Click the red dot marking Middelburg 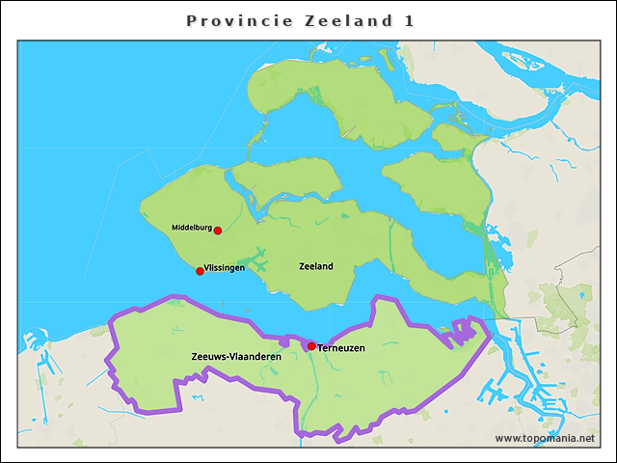[218, 231]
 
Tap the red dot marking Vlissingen [200, 271]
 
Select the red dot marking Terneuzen [311, 345]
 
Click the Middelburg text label [191, 228]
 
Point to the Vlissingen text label [225, 268]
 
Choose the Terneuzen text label [341, 347]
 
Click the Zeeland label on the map [316, 266]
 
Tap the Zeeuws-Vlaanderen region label [236, 357]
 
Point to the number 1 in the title [410, 20]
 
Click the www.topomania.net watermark [545, 438]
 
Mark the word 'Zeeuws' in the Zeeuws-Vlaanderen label [208, 357]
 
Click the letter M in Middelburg [174, 228]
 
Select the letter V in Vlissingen [207, 268]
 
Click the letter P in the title [191, 20]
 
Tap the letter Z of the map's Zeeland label [303, 266]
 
